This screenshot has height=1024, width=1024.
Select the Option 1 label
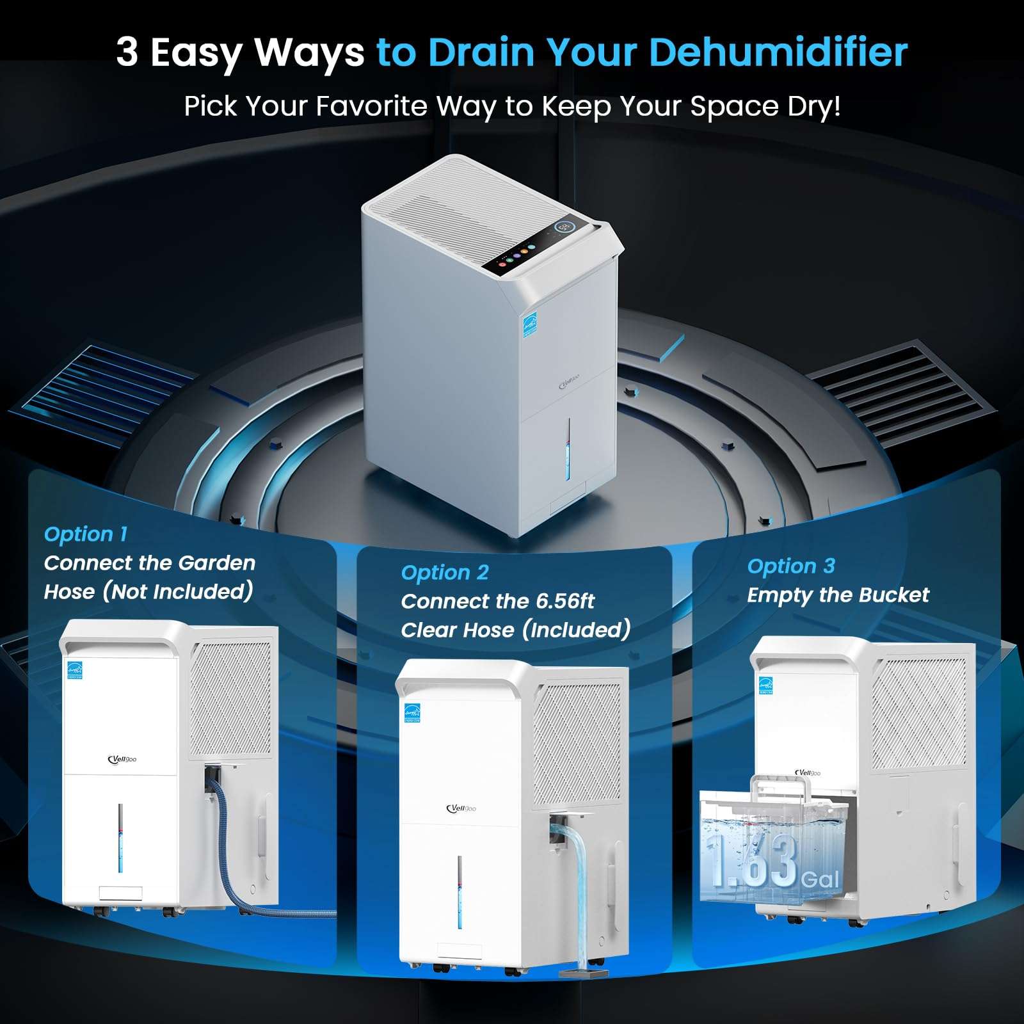coord(86,534)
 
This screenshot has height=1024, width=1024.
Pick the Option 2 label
coord(445,572)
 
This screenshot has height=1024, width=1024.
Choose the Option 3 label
coord(791,566)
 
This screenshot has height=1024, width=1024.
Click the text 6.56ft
coord(565,601)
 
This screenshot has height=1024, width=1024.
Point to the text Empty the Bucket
coord(838,595)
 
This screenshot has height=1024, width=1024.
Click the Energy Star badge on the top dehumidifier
coord(530,325)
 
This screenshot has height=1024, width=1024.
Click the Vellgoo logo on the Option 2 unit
coord(461,808)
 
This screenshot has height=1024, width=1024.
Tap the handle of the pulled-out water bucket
coord(776,794)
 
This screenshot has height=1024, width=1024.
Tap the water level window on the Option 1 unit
coord(120,838)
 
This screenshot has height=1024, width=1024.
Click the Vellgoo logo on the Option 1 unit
coord(122,760)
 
